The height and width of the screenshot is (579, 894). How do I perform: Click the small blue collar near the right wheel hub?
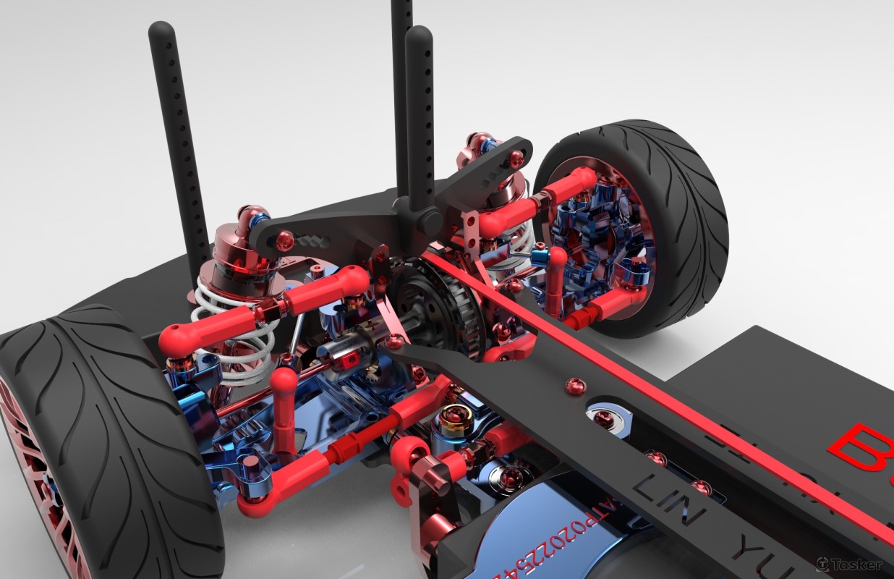click(x=539, y=254)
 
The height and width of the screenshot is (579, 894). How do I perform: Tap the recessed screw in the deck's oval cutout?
click(x=601, y=417)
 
